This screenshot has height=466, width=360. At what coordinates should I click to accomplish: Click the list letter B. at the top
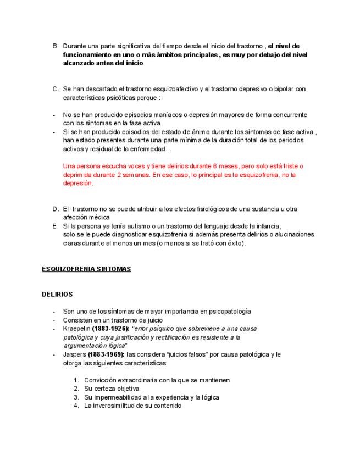pyautogui.click(x=56, y=46)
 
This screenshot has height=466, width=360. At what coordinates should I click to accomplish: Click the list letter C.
pyautogui.click(x=56, y=89)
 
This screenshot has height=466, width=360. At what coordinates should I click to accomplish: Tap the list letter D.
pyautogui.click(x=56, y=209)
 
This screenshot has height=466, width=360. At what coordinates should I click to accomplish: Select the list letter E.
pyautogui.click(x=56, y=226)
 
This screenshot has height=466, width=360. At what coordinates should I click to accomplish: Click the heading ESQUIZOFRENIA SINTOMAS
pyautogui.click(x=86, y=269)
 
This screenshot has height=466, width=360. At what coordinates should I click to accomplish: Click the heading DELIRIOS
pyautogui.click(x=57, y=294)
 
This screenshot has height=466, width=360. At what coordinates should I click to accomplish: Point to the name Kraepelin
pyautogui.click(x=77, y=328)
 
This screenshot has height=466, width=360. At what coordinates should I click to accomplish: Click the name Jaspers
pyautogui.click(x=74, y=354)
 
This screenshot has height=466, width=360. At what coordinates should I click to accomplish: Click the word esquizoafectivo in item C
pyautogui.click(x=176, y=89)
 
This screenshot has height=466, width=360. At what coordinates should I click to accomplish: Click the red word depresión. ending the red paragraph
pyautogui.click(x=78, y=184)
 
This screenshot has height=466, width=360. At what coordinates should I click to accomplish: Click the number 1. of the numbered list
pyautogui.click(x=76, y=380)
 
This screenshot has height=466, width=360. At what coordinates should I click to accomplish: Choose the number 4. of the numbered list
pyautogui.click(x=76, y=406)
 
